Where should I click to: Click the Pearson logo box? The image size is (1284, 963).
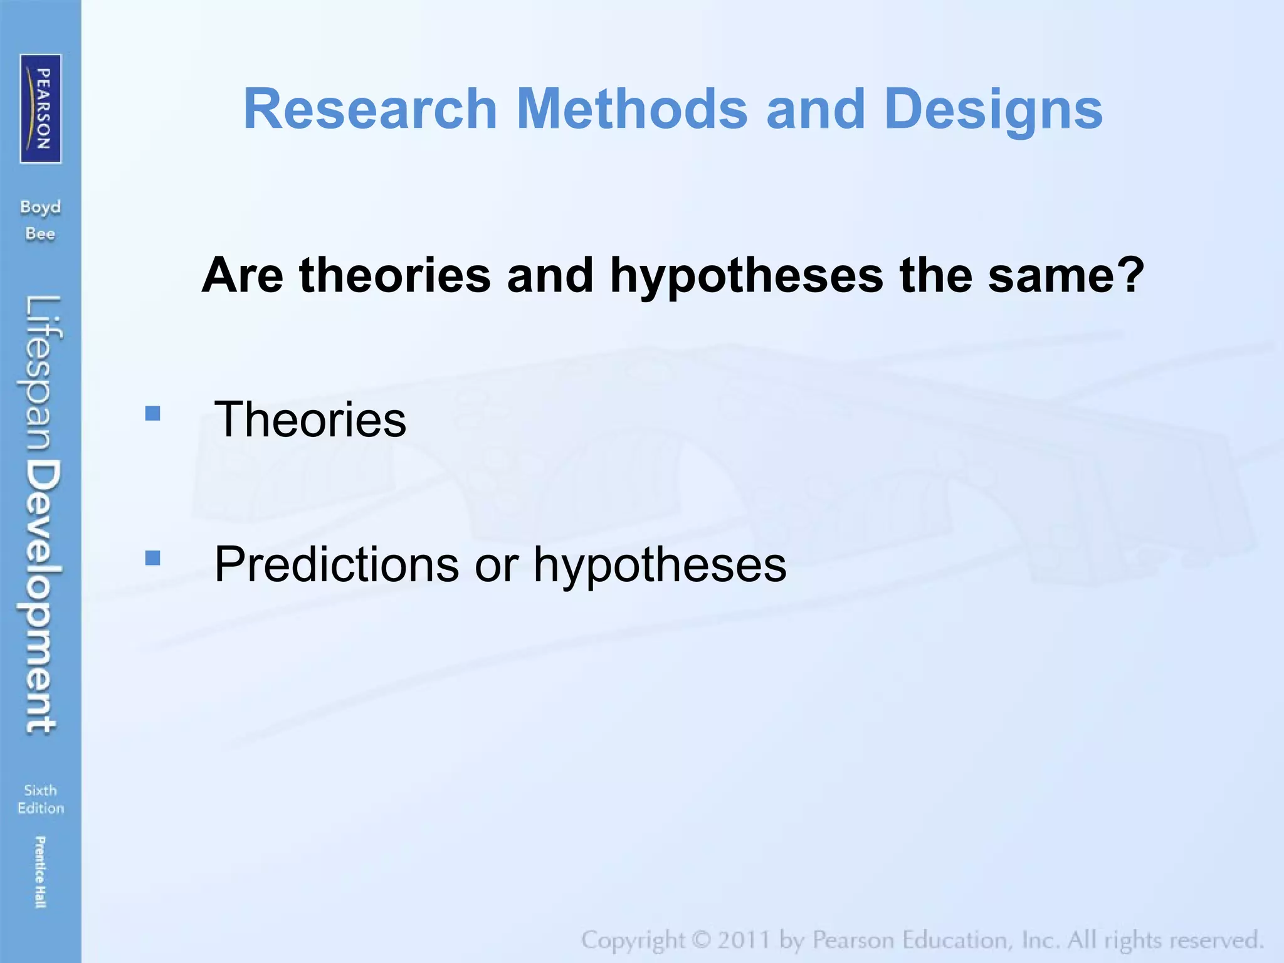coord(41,108)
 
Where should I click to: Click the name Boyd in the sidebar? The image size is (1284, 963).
coord(40,207)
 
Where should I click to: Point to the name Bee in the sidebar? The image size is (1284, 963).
coord(40,234)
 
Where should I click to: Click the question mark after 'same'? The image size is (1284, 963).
coord(1132,275)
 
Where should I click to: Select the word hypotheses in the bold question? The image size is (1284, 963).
coord(746,276)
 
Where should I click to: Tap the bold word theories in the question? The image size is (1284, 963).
coord(395,275)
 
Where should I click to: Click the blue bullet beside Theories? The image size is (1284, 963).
coord(152,413)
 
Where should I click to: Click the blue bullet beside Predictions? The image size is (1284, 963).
coord(152,557)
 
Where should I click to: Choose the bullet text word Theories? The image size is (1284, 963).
coord(310,419)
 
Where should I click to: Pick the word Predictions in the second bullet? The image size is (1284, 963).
coord(337,564)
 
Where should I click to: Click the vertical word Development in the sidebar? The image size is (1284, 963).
coord(43,596)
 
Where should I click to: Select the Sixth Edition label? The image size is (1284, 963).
coord(40,799)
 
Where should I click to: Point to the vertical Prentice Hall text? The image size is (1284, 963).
coord(39,872)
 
